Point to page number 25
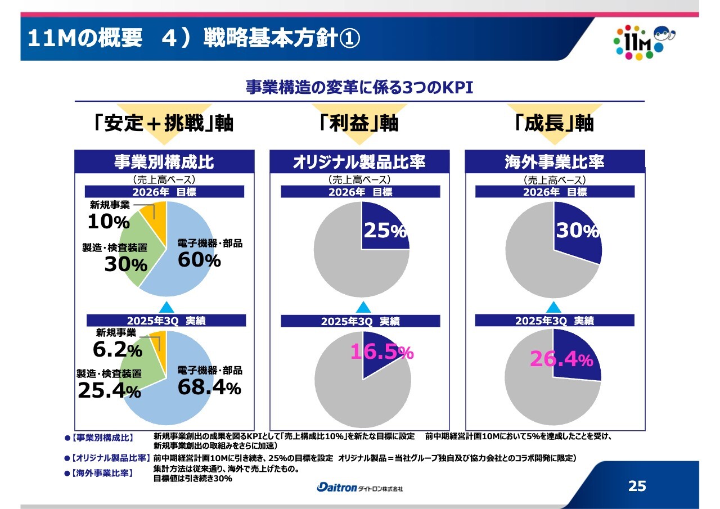(637, 486)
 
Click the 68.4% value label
(209, 387)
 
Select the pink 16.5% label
(382, 352)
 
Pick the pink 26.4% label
(561, 359)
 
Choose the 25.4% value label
(109, 390)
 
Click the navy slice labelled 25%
(384, 231)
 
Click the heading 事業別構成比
(164, 162)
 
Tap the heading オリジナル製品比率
(359, 162)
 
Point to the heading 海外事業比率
(554, 162)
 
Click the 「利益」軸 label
(358, 123)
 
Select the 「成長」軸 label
(554, 123)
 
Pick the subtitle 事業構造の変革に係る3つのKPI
(359, 88)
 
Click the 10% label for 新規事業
(109, 222)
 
